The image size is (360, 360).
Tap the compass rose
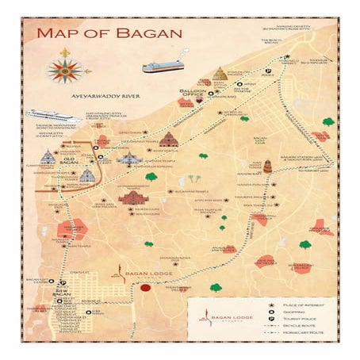click(64, 70)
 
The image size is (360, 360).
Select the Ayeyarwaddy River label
click(105, 95)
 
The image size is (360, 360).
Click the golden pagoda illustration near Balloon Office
click(219, 75)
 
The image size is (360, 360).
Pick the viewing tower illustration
click(267, 167)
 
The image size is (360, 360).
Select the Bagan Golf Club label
click(259, 144)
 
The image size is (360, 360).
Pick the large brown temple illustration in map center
click(133, 196)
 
